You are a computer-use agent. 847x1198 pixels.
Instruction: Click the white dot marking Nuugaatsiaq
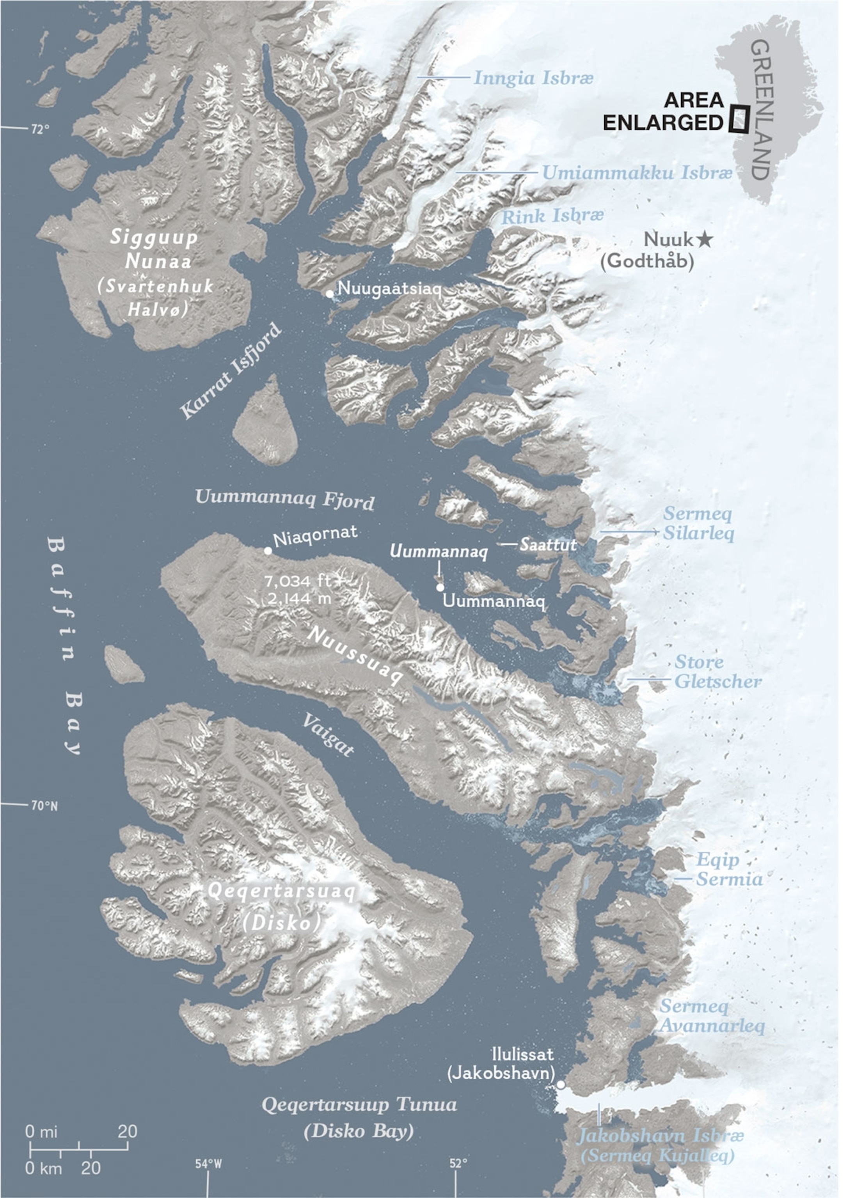(x=330, y=294)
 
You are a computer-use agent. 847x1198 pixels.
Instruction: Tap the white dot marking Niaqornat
(x=268, y=551)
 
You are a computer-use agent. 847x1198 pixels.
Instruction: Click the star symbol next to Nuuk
(x=705, y=240)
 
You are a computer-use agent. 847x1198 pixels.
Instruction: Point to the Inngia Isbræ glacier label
(x=533, y=78)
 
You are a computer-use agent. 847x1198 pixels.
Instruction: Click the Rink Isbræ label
(x=552, y=216)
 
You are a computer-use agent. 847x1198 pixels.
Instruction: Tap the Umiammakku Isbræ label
(x=637, y=173)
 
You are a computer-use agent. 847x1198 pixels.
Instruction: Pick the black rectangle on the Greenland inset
(x=739, y=119)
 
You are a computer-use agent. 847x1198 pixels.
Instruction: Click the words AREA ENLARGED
(x=663, y=111)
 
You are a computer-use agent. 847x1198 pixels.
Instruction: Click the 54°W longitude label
(x=209, y=1164)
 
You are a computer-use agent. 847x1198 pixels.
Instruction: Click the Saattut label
(x=548, y=545)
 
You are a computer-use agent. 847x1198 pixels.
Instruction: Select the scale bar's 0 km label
(x=44, y=1168)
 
